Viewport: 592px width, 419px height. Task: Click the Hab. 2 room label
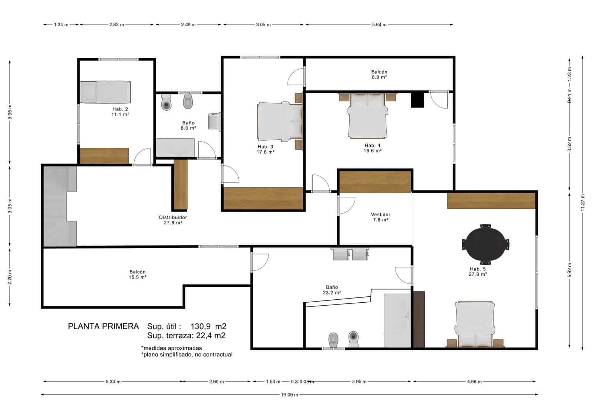tap(120, 112)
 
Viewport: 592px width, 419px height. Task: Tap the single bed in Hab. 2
tap(105, 92)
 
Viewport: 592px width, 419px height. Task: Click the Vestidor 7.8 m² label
tap(380, 217)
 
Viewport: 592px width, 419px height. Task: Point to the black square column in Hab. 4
tap(417, 99)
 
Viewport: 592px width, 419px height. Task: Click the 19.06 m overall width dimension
tap(289, 395)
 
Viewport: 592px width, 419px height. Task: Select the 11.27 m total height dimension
tap(582, 203)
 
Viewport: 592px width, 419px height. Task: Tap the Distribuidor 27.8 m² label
tap(173, 220)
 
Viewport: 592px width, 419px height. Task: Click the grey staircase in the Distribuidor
tap(59, 206)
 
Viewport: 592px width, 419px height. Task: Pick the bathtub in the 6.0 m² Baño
tap(175, 147)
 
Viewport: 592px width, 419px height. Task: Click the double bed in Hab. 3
tap(279, 122)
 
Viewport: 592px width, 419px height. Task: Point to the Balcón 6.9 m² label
tap(379, 74)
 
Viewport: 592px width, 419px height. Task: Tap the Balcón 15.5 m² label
tap(137, 274)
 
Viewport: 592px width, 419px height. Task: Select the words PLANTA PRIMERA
tap(103, 326)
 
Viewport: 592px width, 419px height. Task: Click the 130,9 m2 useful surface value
tap(208, 326)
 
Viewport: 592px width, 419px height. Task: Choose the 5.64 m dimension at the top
tap(379, 24)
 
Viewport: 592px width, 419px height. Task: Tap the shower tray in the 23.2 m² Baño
tap(397, 320)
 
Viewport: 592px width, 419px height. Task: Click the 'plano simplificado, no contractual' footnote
tap(187, 355)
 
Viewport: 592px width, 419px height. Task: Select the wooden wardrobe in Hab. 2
tap(104, 156)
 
